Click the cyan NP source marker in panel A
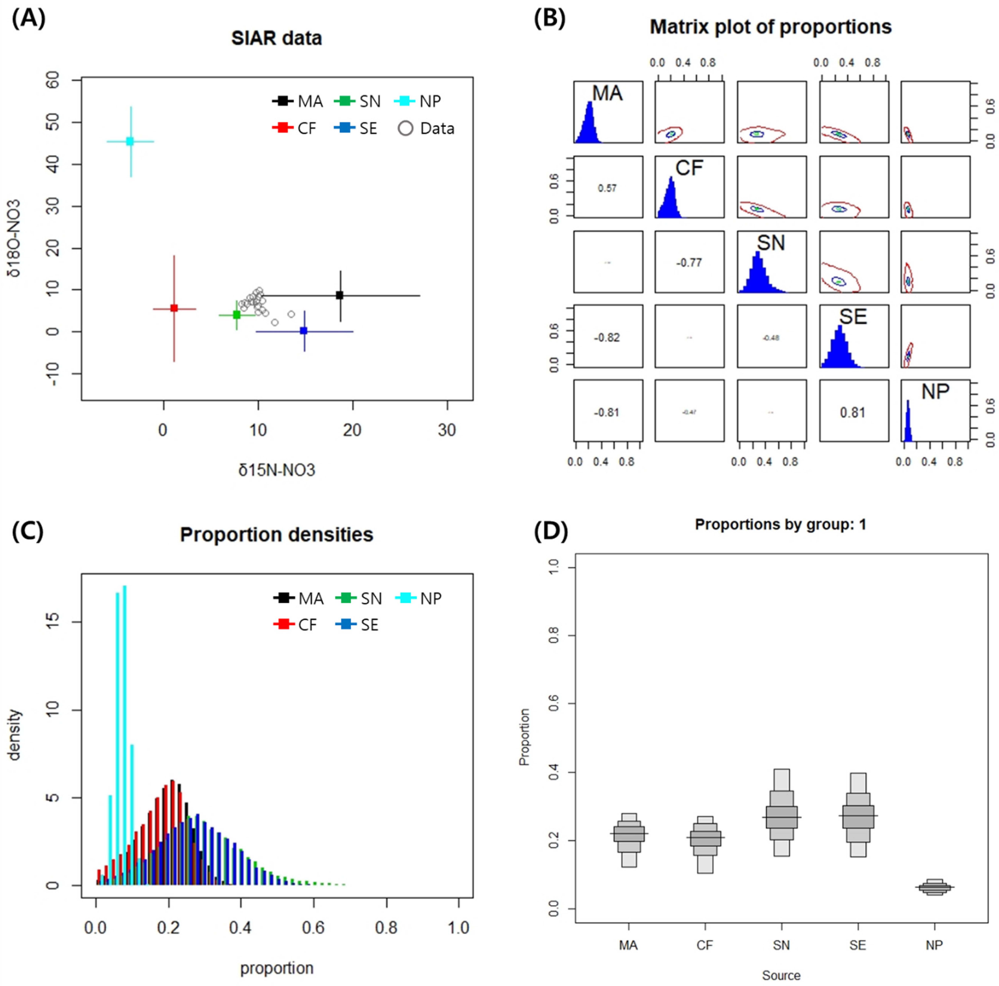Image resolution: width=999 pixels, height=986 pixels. tap(130, 141)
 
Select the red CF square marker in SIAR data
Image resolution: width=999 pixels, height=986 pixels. tap(174, 308)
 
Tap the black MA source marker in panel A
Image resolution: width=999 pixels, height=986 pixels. tap(340, 295)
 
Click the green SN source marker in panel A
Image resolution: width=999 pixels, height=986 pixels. tap(237, 314)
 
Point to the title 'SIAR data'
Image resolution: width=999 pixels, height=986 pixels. tap(277, 38)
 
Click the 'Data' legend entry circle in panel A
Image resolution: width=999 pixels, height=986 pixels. tap(405, 128)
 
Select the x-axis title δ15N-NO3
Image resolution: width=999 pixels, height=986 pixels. tap(277, 470)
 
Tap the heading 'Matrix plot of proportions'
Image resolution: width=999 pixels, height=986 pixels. tap(771, 27)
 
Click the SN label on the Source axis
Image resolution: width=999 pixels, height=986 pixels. tap(781, 945)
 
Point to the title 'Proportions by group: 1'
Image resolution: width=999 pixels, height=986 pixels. tap(780, 524)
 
